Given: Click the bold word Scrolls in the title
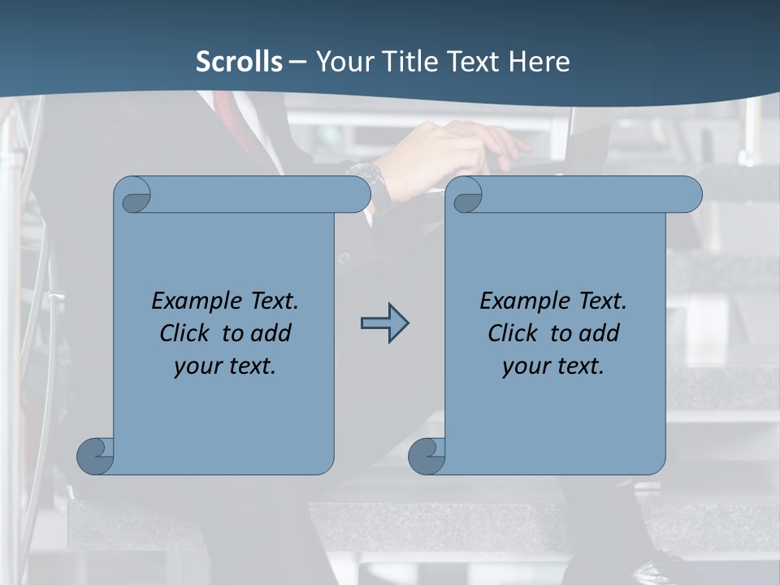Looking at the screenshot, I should (240, 62).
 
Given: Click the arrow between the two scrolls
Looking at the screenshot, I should (384, 323).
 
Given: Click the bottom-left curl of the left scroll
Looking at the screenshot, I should (96, 456).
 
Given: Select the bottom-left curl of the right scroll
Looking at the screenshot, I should (427, 456).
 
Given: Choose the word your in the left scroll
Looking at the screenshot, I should (197, 366).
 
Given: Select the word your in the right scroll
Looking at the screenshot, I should (525, 366).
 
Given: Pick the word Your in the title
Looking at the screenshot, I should (341, 62).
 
